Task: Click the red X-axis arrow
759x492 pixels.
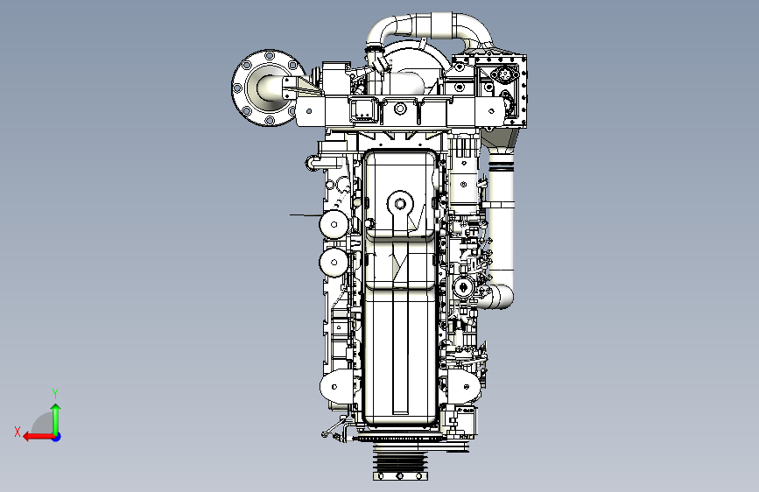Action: click(39, 437)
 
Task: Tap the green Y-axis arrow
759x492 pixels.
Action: click(56, 419)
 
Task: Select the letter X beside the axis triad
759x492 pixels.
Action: click(18, 432)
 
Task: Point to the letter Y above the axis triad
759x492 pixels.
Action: click(55, 393)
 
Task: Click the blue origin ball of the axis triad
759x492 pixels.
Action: click(57, 437)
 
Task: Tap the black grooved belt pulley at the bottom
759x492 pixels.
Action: click(400, 462)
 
